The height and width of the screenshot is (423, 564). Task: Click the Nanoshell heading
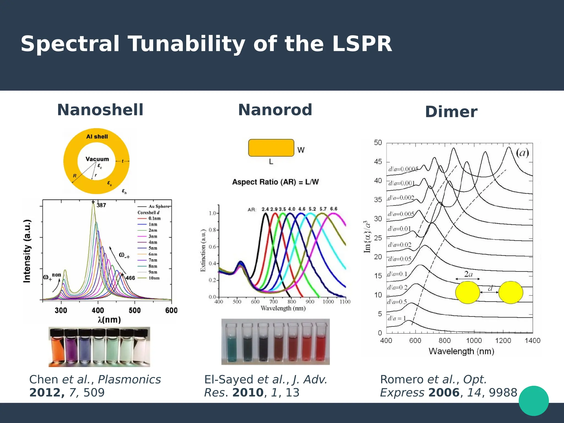100,110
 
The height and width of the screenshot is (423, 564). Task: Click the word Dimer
451,112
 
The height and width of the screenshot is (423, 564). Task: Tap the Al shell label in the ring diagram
97,137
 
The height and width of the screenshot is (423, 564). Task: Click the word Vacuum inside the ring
97,159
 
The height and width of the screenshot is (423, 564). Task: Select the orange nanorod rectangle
271,148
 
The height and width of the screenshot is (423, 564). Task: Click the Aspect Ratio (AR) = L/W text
275,182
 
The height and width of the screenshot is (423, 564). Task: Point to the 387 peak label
101,205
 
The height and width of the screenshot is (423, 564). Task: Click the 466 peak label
130,278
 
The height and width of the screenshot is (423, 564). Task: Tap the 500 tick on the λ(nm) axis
134,310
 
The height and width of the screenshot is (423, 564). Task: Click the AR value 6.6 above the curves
334,209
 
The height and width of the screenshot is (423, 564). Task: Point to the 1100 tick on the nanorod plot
345,302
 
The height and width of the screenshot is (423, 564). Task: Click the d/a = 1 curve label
397,319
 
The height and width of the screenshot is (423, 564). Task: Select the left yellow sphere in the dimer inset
467,292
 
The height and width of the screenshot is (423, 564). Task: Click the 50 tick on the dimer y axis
378,143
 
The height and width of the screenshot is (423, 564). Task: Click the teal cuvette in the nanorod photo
231,344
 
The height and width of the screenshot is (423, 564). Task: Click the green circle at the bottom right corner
533,401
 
